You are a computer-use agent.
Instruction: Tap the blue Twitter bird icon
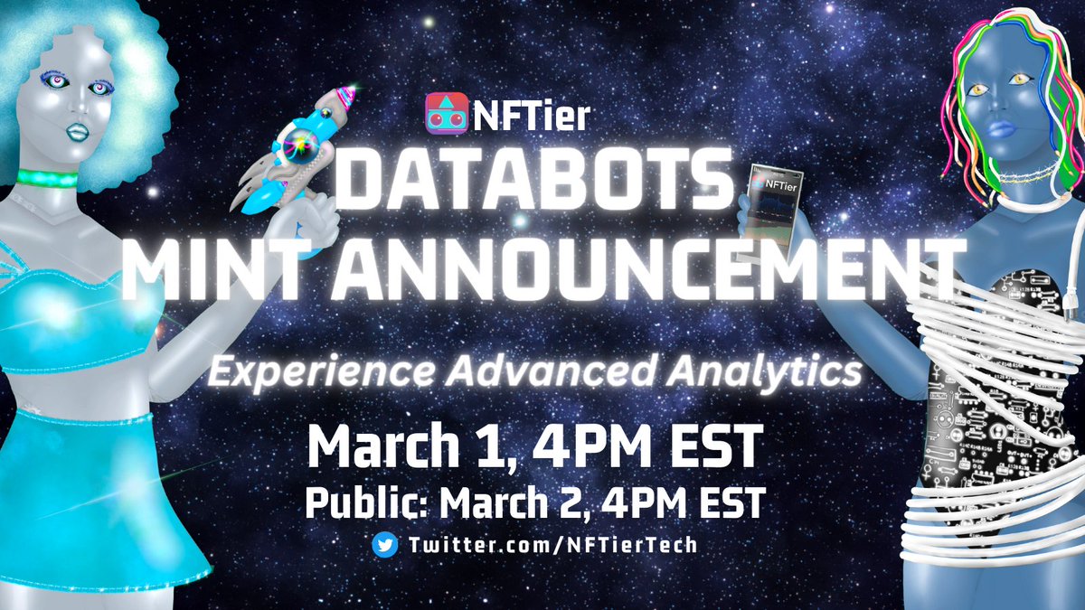383,545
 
